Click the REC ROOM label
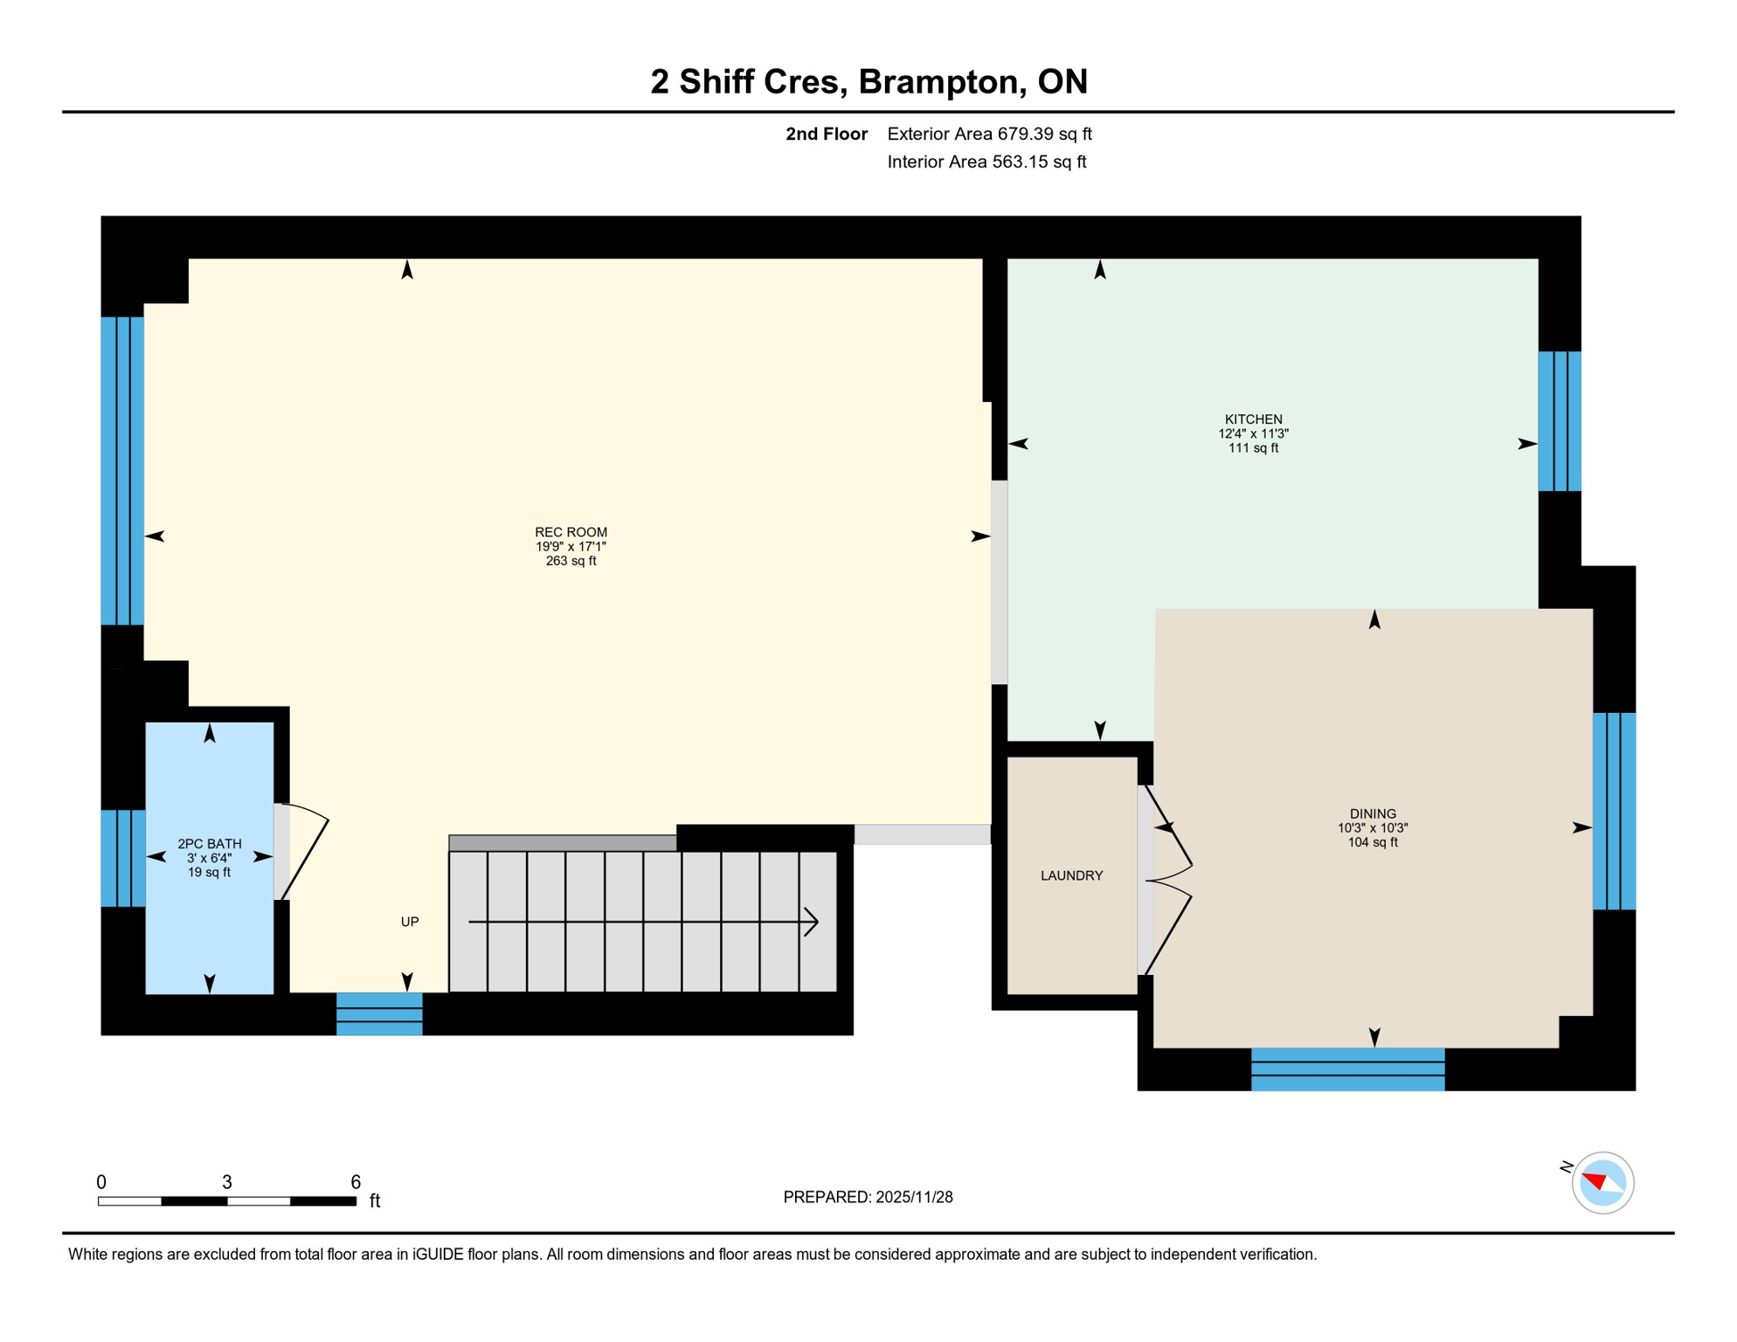(x=571, y=532)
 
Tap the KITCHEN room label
(x=1253, y=419)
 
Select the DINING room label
(x=1373, y=813)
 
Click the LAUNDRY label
(x=1071, y=875)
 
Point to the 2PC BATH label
(x=210, y=844)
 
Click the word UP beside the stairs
(x=410, y=922)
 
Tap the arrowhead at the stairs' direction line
(x=812, y=922)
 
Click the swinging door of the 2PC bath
(x=305, y=852)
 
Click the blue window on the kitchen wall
(x=1560, y=421)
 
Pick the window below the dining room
(x=1347, y=1069)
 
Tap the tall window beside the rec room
(x=122, y=471)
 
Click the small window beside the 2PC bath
(x=123, y=858)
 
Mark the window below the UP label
(x=379, y=1014)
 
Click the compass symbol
(x=1602, y=1183)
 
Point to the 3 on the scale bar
(x=227, y=1182)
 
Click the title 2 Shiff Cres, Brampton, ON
(x=868, y=81)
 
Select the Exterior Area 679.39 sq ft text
(x=989, y=134)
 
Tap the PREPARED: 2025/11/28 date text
(x=868, y=1197)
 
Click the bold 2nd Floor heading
(x=826, y=134)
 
